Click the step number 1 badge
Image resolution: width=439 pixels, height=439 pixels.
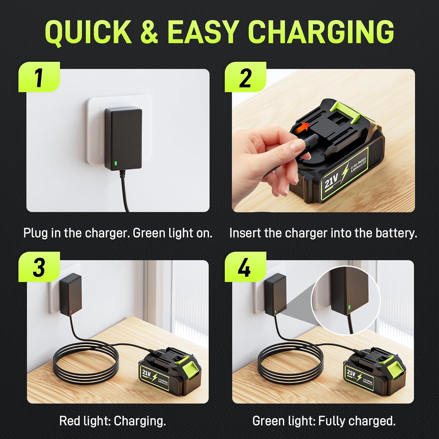point(39,78)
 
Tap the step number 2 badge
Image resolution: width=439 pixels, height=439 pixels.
point(245,78)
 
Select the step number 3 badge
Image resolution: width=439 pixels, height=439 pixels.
point(39,267)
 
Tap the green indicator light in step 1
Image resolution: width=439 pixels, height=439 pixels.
point(116,164)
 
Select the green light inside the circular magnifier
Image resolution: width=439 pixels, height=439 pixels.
point(349,307)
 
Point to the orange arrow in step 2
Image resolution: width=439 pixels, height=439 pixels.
point(303,127)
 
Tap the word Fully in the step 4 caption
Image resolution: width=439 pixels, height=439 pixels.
point(332,421)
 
